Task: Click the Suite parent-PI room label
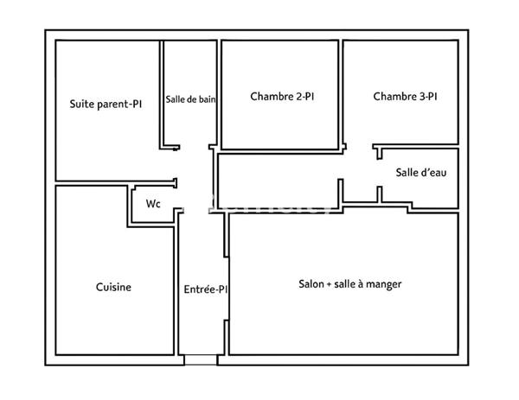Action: [x=106, y=104]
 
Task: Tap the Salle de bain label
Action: [x=190, y=99]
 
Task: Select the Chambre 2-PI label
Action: [x=282, y=97]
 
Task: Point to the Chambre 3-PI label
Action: [x=405, y=97]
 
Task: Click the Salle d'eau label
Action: [x=420, y=173]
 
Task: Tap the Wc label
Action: [x=153, y=205]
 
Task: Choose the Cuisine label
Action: [x=113, y=288]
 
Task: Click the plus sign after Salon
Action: [x=330, y=283]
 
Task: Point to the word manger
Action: [x=384, y=284]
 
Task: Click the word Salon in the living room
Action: [x=311, y=283]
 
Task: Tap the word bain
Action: [x=206, y=99]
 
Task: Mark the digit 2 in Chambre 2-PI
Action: [x=298, y=97]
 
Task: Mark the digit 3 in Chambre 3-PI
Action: [x=420, y=97]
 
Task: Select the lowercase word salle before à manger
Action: [x=346, y=283]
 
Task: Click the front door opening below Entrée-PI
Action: [x=201, y=359]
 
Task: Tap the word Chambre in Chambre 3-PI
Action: [x=394, y=97]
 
